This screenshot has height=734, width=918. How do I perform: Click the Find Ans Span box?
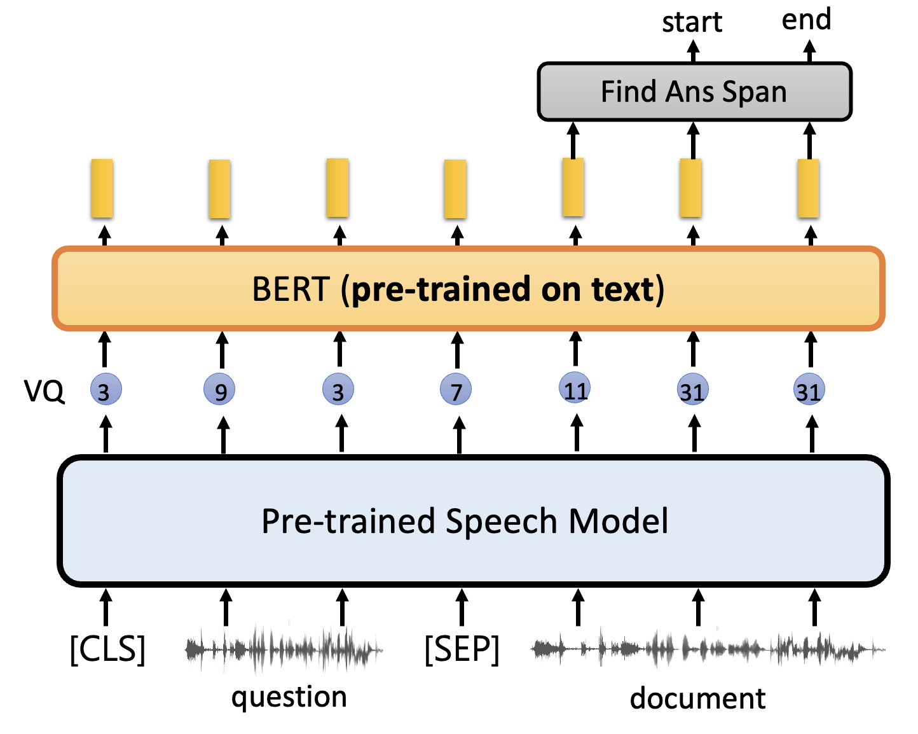tap(694, 92)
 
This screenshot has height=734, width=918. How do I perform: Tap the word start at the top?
tap(692, 22)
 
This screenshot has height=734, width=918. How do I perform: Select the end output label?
tap(806, 19)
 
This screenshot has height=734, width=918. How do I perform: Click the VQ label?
tap(44, 391)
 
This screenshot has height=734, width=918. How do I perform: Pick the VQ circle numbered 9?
tap(220, 391)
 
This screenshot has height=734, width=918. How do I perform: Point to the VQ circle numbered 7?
tap(456, 391)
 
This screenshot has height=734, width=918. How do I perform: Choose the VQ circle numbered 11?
tap(575, 389)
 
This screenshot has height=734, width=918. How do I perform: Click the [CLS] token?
tap(107, 649)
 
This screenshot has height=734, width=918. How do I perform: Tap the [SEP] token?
tap(462, 649)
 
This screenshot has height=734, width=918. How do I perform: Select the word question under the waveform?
tap(289, 697)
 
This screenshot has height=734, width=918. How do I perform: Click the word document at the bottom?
tap(697, 698)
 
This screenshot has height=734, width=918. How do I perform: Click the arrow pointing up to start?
tap(694, 51)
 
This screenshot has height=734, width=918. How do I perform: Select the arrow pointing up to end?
tap(809, 51)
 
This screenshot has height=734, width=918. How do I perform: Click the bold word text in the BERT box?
tap(622, 289)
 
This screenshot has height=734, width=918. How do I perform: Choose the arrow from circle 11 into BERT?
tap(576, 348)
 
